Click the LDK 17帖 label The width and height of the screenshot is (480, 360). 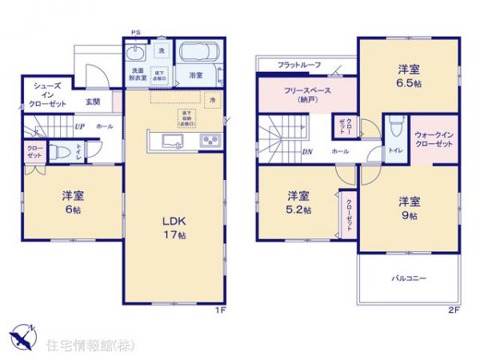[174, 227]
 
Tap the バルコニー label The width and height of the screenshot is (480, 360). [409, 278]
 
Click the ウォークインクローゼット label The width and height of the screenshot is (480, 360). [434, 138]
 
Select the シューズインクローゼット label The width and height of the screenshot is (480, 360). [48, 93]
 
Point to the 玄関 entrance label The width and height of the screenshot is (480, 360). [93, 102]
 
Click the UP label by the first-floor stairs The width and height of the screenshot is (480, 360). [79, 126]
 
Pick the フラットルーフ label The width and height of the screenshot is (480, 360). [300, 64]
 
